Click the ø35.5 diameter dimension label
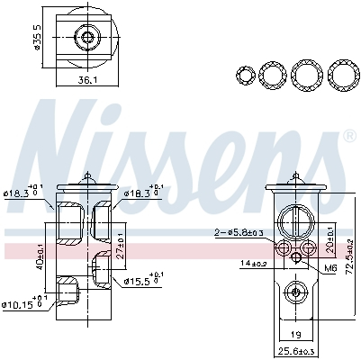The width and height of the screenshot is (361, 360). (x=37, y=36)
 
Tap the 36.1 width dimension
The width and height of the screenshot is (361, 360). (x=86, y=79)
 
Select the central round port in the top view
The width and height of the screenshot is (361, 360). (x=87, y=38)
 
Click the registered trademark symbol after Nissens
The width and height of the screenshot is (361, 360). (x=348, y=137)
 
